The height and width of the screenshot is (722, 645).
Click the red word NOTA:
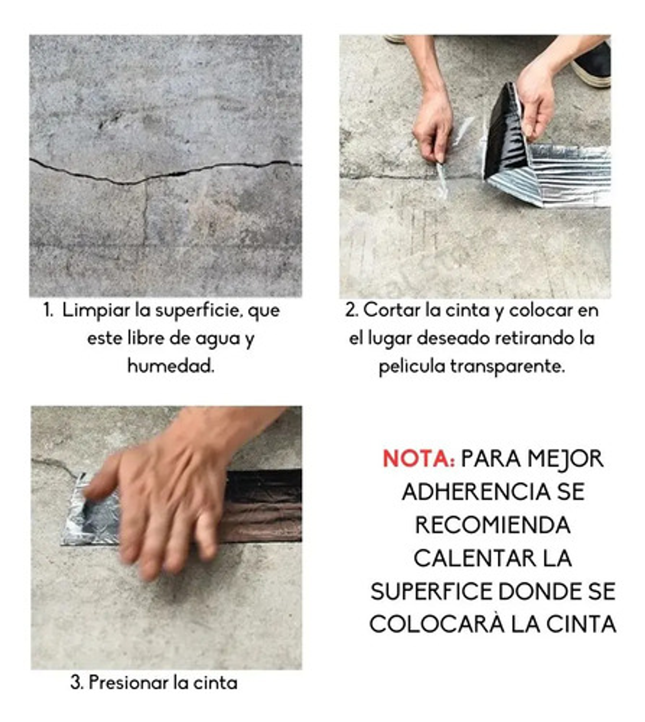[x=418, y=458]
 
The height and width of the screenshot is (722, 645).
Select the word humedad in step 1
[x=171, y=366]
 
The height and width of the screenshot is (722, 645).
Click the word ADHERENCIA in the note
[x=476, y=492]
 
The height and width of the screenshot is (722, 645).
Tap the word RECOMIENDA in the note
[x=492, y=525]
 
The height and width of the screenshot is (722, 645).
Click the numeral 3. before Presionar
[x=77, y=683]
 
